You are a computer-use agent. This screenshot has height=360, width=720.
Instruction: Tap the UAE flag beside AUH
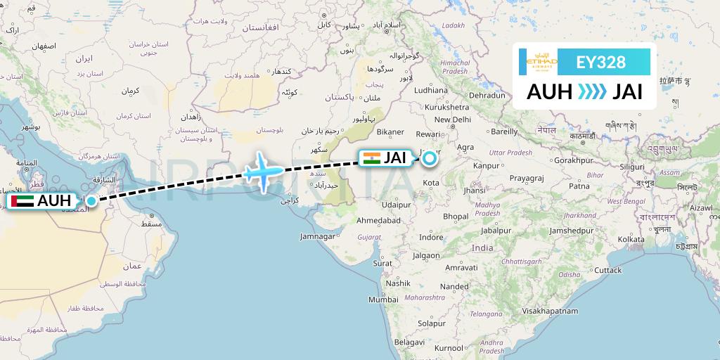tap(22, 201)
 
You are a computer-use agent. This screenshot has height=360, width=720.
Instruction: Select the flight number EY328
tap(600, 62)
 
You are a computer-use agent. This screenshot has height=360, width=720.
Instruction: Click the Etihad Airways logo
tap(538, 62)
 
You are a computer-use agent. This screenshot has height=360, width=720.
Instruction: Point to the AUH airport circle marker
tap(91, 201)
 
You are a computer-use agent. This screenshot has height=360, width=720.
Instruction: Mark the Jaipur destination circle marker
tap(429, 158)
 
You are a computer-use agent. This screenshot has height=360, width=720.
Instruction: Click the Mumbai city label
tap(383, 300)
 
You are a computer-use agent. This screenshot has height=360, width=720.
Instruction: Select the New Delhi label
tap(452, 120)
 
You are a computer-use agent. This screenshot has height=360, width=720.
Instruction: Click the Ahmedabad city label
tap(378, 220)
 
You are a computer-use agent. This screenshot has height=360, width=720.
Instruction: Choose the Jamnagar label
tap(319, 236)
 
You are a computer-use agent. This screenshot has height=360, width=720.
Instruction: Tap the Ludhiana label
tap(430, 90)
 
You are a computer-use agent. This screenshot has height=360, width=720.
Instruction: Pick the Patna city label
tap(579, 186)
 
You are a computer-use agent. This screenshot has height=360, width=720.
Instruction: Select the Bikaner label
tap(390, 131)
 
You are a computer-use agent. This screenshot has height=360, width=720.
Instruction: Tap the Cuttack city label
tap(607, 270)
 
